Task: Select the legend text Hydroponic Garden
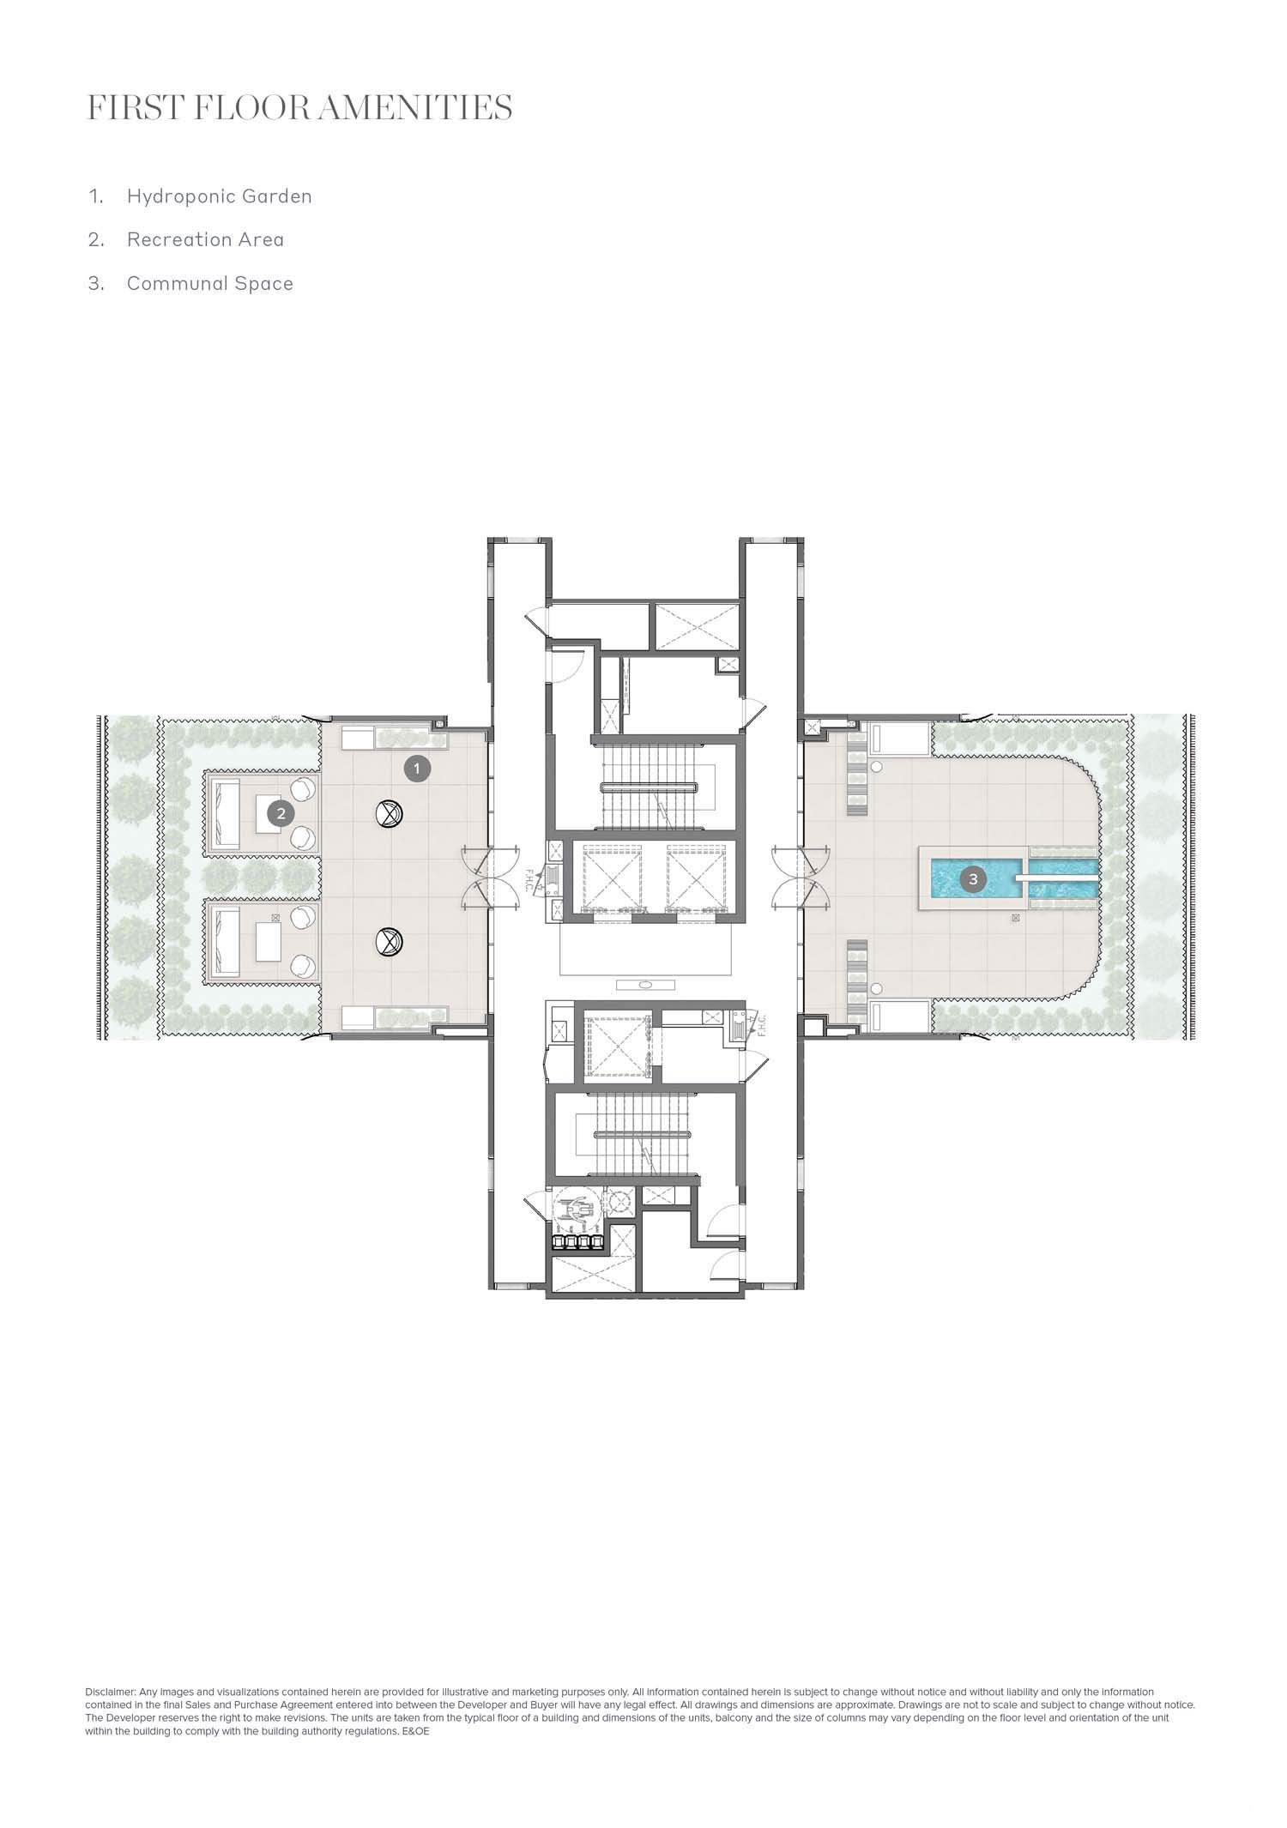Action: tap(219, 196)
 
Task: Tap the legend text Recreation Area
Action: tap(205, 239)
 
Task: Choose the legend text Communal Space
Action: tap(210, 284)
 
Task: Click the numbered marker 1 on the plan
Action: tap(417, 769)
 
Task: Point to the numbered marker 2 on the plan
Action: tap(281, 813)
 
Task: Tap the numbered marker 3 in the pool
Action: tap(972, 878)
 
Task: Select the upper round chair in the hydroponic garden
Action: tap(389, 812)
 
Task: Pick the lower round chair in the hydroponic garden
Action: tap(389, 943)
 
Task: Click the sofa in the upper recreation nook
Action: tap(227, 813)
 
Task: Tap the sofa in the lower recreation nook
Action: tap(227, 943)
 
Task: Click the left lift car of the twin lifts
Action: tap(612, 878)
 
